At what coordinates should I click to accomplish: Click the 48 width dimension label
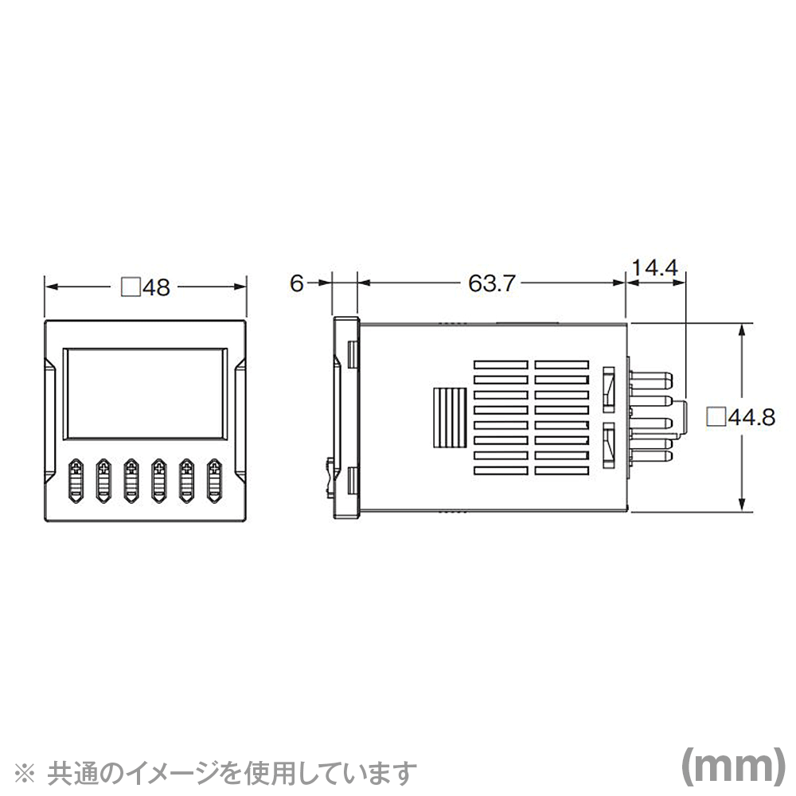click(x=157, y=287)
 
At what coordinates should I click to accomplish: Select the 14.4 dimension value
click(x=654, y=267)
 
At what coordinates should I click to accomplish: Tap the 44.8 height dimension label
click(x=751, y=417)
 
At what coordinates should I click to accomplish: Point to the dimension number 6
click(x=296, y=284)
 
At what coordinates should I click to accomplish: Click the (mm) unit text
click(x=728, y=766)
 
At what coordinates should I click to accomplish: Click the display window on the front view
click(x=145, y=395)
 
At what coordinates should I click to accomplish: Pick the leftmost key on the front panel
click(x=76, y=481)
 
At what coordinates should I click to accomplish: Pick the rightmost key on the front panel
click(x=214, y=481)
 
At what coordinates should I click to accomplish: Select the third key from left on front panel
click(x=131, y=481)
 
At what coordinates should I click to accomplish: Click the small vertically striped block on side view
click(x=448, y=417)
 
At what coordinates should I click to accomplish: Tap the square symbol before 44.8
click(x=716, y=416)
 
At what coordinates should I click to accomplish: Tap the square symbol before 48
click(x=129, y=287)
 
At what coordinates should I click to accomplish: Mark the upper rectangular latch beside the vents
click(x=610, y=386)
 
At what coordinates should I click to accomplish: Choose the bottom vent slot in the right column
click(x=564, y=471)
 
